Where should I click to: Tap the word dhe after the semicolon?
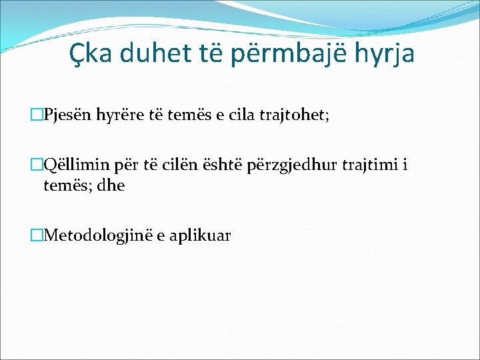click(x=110, y=185)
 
